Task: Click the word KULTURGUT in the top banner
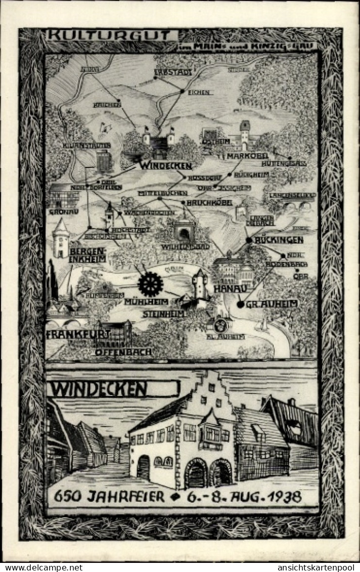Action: (112, 35)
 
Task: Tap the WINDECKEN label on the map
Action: (166, 166)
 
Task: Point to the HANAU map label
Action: (230, 288)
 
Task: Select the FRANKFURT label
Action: (78, 334)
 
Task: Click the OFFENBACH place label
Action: (123, 351)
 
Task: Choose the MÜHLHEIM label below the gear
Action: (146, 302)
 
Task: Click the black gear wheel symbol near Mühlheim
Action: (150, 284)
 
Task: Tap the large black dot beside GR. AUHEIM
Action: (240, 304)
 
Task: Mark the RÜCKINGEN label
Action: (279, 240)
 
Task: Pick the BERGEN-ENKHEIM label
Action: (88, 255)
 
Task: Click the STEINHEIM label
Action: (164, 314)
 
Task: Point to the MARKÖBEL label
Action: (247, 156)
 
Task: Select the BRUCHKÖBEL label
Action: (209, 203)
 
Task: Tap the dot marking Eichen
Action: (182, 92)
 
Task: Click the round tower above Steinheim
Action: (200, 284)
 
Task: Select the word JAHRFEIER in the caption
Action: (125, 497)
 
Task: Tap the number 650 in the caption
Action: (68, 497)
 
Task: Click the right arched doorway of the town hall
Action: (221, 474)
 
